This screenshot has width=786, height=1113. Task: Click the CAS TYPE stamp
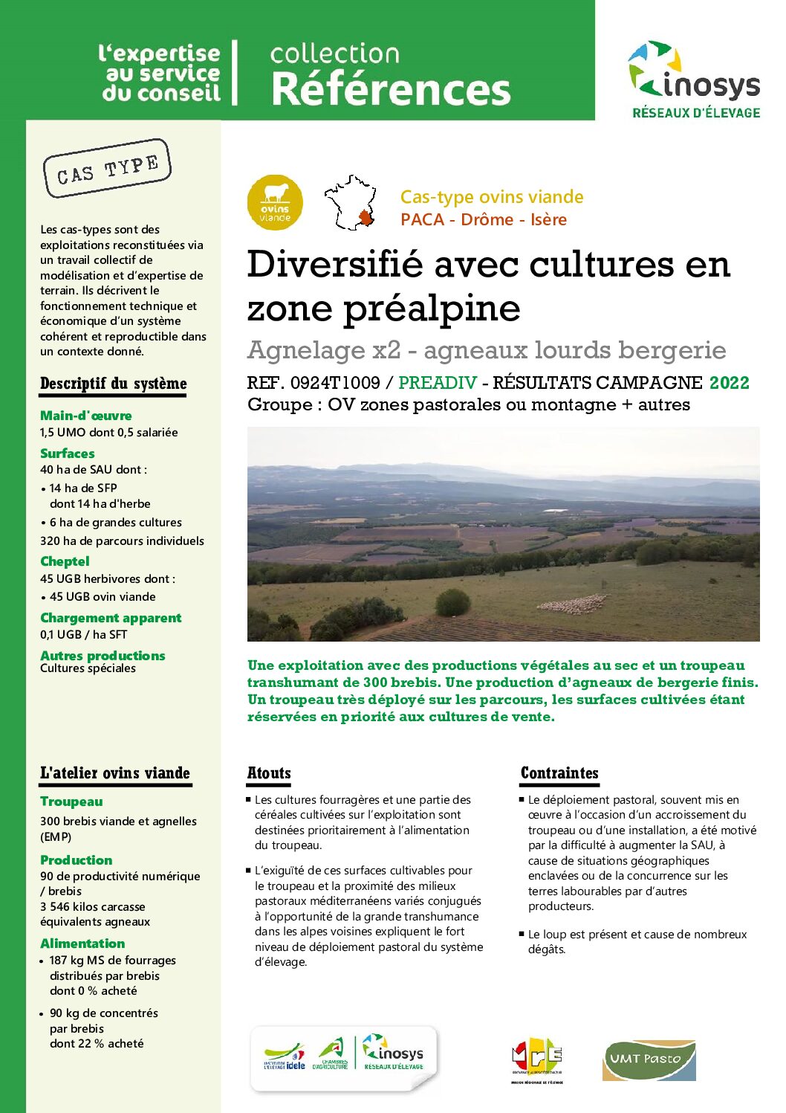click(x=108, y=169)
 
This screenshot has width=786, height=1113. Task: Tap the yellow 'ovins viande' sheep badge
click(x=275, y=202)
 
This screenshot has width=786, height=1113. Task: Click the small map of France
click(x=350, y=203)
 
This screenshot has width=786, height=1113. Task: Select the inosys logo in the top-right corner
click(x=695, y=79)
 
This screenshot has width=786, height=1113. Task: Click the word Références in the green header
click(x=391, y=89)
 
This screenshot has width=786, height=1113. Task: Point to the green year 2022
click(x=729, y=383)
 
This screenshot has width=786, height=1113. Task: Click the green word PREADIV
click(x=438, y=383)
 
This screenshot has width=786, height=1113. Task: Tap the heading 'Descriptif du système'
click(x=113, y=384)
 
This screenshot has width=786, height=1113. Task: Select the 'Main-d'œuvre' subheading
click(x=86, y=416)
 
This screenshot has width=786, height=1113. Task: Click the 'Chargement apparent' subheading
click(x=111, y=618)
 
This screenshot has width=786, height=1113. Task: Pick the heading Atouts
click(x=269, y=773)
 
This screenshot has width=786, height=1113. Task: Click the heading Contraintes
click(x=559, y=773)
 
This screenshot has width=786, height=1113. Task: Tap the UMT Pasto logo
click(x=649, y=1059)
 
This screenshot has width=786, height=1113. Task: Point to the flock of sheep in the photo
click(x=572, y=604)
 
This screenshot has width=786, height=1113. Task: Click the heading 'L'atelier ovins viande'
click(x=115, y=773)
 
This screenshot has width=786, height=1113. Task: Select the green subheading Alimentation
click(x=82, y=943)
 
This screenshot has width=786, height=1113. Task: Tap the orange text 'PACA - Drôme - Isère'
click(x=484, y=220)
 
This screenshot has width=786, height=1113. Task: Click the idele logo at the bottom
click(x=285, y=1056)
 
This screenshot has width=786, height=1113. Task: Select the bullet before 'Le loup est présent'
click(x=522, y=934)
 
